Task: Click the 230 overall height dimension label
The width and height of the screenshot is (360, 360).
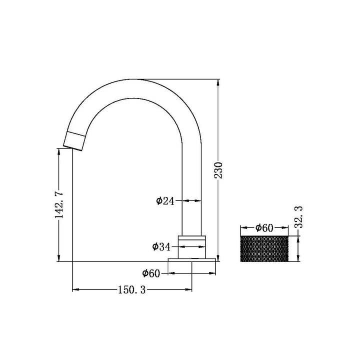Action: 218,170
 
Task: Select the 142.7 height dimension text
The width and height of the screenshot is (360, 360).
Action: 59,204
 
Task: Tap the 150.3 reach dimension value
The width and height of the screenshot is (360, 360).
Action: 132,289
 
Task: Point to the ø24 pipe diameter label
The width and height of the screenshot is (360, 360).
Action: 165,201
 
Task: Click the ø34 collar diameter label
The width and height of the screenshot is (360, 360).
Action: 161,247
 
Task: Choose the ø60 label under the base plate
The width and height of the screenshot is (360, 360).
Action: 151,273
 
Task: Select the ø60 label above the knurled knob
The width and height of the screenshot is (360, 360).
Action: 264,228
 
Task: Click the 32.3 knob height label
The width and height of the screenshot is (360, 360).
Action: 298,217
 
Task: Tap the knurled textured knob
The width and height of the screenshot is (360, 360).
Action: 264,248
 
